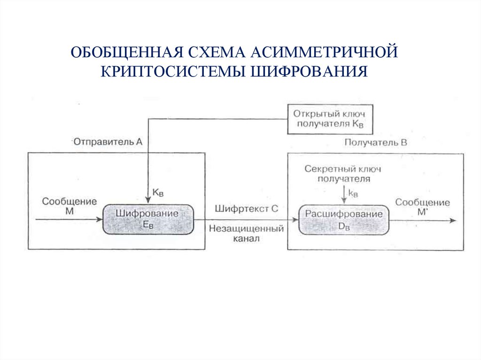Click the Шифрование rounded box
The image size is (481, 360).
pos(147,219)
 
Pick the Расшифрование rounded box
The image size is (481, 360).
pos(344,219)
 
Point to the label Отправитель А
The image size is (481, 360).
pos(107,141)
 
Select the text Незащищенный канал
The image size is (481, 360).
pos(247,233)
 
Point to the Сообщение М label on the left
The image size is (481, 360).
pos(70,207)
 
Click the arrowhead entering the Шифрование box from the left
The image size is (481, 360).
pos(100,219)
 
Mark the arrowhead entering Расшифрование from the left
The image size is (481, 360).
pos(295,219)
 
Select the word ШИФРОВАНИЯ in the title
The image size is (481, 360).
pos(310,71)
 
